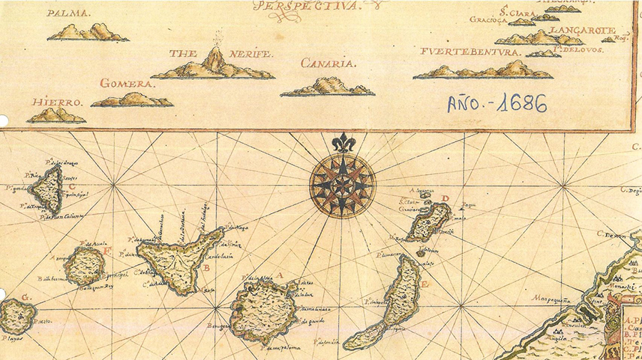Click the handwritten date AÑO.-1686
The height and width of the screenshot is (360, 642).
coord(496,103)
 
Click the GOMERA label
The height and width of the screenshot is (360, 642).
coord(127,83)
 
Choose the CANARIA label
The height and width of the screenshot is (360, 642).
coord(327,63)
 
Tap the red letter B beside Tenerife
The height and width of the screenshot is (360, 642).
coord(206,268)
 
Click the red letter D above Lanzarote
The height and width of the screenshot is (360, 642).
coord(445,198)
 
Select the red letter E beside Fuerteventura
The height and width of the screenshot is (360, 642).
coord(424,284)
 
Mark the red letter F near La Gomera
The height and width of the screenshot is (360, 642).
coord(107,250)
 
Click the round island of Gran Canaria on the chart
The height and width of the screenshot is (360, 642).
coord(260,311)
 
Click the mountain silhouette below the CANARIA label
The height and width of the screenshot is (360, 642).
coord(327,86)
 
